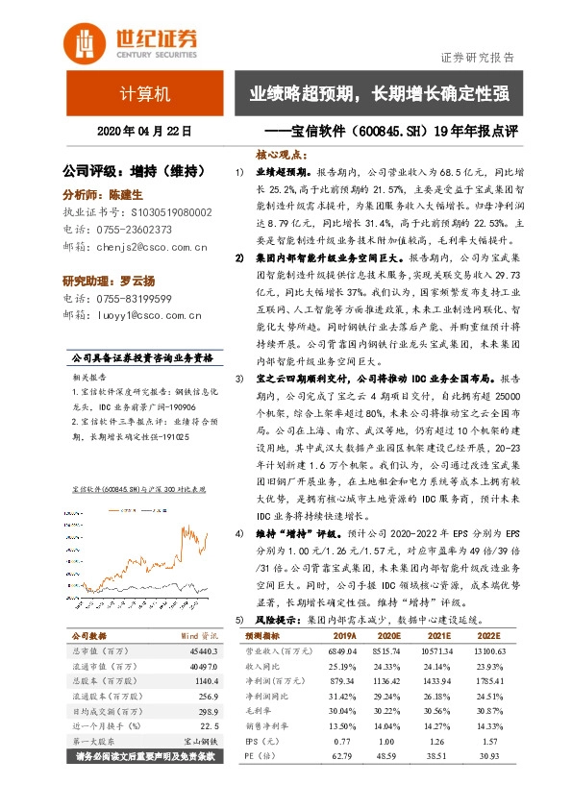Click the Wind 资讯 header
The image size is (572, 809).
point(201,636)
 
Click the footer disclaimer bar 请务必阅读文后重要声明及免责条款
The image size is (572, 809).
point(145,755)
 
